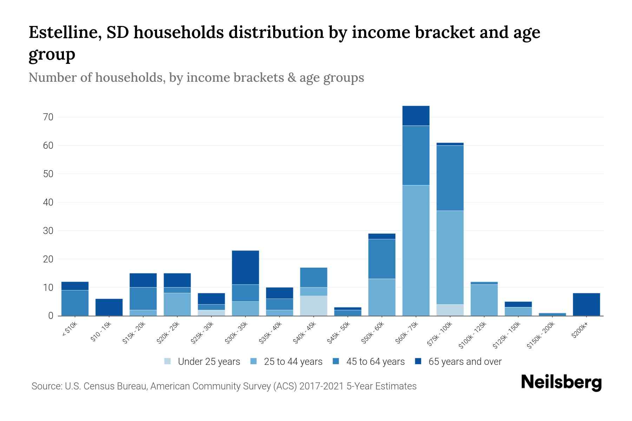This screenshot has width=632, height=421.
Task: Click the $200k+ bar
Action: pos(586,305)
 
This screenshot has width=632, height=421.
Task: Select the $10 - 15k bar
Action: pos(109,307)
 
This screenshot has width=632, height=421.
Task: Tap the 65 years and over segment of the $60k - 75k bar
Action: pos(416,116)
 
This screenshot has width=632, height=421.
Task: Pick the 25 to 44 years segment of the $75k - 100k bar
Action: pos(450,257)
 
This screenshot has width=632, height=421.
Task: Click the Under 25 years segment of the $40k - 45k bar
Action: pos(314,306)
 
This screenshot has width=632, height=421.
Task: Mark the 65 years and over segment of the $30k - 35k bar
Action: pos(245,267)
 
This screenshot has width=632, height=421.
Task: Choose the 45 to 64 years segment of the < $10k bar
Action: pos(75,303)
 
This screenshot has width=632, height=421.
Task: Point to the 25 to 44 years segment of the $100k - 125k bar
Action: pos(484,300)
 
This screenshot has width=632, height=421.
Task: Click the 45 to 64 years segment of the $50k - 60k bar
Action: pos(382,259)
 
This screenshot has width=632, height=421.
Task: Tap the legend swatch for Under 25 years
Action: pos(168,361)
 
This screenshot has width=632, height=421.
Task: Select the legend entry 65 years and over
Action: pos(465,361)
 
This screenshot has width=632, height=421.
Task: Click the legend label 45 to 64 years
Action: pos(375,361)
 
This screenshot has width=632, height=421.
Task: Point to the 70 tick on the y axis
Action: pos(48,117)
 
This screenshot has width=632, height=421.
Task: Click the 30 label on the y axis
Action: pos(48,231)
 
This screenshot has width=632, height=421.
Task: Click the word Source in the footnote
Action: pos(46,386)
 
